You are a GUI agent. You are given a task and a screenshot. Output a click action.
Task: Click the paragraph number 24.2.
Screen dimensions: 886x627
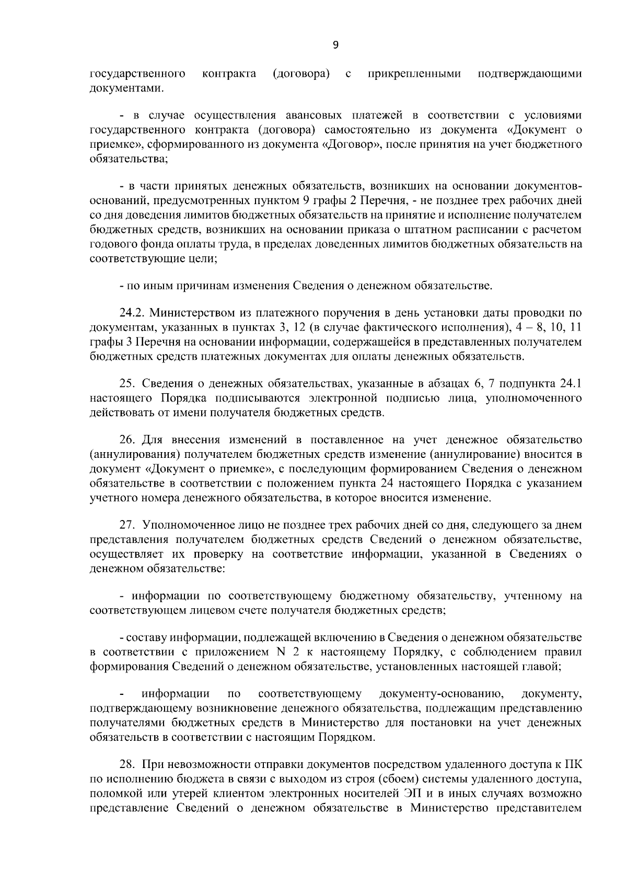[131, 313]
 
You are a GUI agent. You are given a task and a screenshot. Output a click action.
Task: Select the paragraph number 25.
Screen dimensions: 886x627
[127, 384]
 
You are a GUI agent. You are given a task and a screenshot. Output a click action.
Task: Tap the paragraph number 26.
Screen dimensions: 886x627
[127, 440]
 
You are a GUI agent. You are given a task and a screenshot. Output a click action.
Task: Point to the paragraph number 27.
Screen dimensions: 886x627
[127, 525]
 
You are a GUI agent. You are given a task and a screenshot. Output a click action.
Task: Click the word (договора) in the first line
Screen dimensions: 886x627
[301, 74]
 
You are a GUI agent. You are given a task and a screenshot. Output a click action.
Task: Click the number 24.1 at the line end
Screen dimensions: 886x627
[571, 384]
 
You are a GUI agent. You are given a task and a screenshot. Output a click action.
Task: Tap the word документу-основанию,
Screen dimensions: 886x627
[441, 694]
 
